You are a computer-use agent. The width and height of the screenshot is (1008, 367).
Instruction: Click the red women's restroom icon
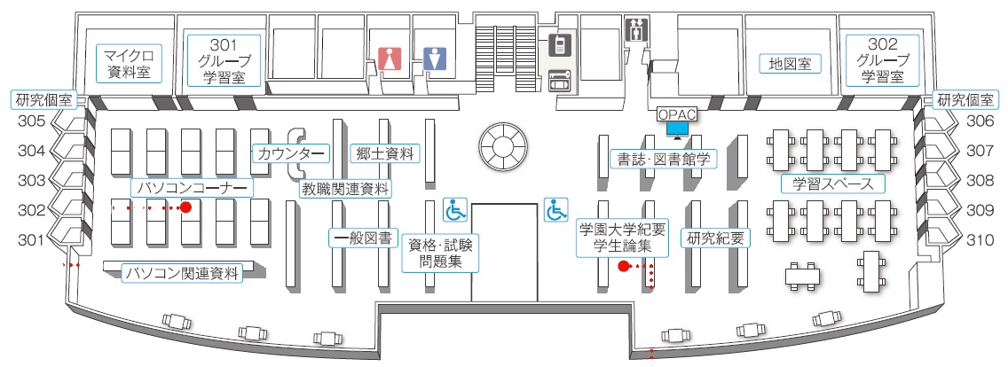point(388,59)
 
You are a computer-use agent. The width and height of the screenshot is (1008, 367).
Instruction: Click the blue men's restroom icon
point(431,59)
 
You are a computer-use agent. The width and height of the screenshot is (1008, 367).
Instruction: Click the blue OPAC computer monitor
point(678,129)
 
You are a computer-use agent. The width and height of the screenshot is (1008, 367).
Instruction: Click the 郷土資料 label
point(382,153)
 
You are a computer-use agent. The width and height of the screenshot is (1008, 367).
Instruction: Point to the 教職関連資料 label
point(344,188)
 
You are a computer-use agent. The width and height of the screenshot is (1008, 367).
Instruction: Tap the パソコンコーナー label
point(191,188)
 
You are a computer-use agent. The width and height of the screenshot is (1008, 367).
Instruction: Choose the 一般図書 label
point(362,238)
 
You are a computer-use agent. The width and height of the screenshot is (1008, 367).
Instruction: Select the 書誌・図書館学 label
point(663,160)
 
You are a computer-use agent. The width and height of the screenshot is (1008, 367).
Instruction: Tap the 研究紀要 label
point(714,238)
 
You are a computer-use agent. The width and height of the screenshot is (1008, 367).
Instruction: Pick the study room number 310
point(980,239)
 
